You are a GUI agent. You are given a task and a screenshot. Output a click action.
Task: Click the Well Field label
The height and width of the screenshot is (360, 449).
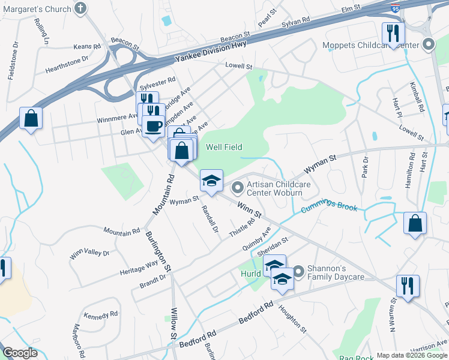[224, 147]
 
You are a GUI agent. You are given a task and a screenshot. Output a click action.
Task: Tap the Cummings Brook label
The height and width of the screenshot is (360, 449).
[329, 208]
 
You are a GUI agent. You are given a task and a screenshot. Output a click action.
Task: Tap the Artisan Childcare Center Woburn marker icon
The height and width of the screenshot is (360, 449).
[238, 188]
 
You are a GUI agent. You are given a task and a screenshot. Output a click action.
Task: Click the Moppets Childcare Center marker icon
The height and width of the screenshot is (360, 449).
[429, 45]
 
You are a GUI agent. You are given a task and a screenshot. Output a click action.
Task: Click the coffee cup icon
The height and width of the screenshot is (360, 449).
[153, 127]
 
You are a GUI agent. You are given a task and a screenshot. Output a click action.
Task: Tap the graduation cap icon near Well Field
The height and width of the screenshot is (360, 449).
[211, 180]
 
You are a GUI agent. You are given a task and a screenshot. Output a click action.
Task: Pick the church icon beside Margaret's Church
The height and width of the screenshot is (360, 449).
[80, 8]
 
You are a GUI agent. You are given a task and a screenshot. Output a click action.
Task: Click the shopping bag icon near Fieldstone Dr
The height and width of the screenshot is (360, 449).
[31, 118]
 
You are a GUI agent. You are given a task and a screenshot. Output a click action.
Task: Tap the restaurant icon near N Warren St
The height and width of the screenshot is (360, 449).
[408, 286]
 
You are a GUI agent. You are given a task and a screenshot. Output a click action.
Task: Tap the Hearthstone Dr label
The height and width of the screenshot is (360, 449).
[67, 62]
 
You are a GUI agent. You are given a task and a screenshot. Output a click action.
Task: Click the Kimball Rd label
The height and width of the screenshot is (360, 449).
[418, 98]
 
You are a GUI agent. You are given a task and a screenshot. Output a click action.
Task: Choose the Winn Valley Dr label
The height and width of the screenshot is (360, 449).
[89, 249]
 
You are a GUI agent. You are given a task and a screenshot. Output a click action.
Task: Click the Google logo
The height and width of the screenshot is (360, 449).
[20, 353]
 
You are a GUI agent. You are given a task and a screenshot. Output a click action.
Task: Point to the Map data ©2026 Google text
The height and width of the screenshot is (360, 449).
[411, 355]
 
